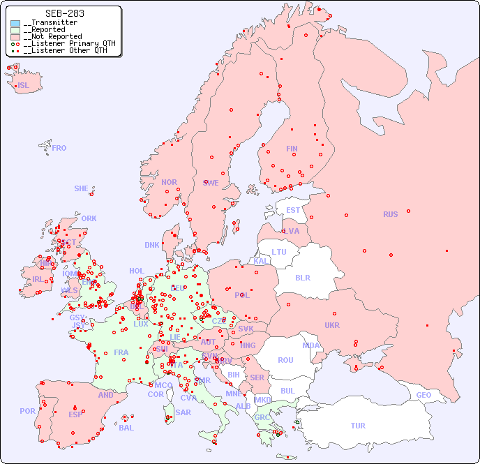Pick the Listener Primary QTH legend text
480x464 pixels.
pos(70,43)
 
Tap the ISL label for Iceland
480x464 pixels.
pos(24,86)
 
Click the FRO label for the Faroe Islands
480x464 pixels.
pos(59,148)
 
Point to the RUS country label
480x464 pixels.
pos(390,214)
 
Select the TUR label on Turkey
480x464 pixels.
pos(358,426)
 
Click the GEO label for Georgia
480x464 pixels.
pos(423,395)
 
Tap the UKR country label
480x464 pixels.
pos(332,325)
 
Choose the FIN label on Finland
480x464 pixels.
pos(292,149)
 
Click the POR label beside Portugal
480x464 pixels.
pos(27,411)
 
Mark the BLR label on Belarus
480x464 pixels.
pos(303,277)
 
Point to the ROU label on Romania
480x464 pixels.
pos(285,360)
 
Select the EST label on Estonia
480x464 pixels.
pos(293,210)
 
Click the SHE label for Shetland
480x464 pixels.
pos(82,188)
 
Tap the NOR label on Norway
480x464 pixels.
pos(169,182)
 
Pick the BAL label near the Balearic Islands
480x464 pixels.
pos(126,428)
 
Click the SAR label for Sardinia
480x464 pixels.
pos(183,412)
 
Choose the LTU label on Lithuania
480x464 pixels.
pos(279,252)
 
